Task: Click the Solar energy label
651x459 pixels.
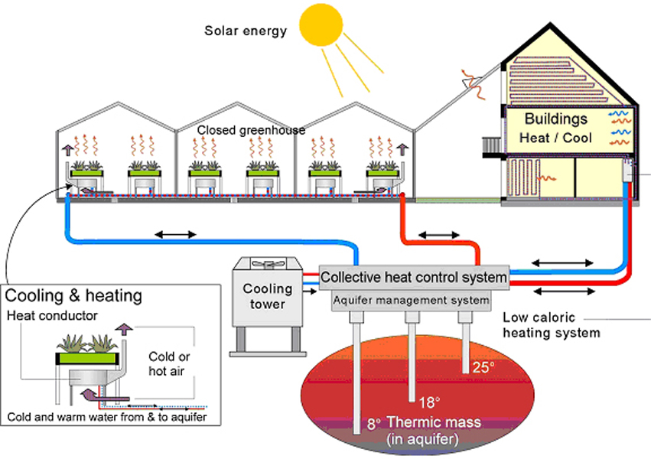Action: (246, 31)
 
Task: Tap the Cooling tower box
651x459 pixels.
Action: (268, 296)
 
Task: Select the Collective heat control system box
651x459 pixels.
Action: (413, 276)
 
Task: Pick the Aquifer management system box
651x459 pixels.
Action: (411, 301)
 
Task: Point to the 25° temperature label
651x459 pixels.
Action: (483, 367)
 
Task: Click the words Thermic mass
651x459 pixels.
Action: (424, 422)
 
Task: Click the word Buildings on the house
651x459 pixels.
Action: (555, 119)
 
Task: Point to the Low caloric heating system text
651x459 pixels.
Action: (551, 325)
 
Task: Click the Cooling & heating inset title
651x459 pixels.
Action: (73, 295)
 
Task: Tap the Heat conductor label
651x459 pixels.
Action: (52, 315)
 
